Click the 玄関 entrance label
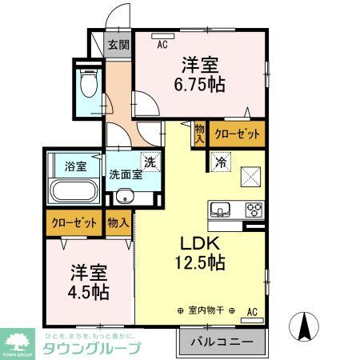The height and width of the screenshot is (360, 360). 118,45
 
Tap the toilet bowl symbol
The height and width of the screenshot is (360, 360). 89,82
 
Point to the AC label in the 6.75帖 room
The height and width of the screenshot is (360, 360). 162,45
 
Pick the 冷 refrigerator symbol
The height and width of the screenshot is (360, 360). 220,160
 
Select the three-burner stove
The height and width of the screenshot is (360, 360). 254,210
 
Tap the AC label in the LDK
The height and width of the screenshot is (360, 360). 252,311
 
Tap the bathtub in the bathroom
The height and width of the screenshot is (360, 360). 74,194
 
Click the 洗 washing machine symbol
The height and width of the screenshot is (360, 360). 147,160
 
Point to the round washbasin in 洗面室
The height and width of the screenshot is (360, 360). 124,198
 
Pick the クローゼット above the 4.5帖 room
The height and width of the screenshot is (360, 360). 74,223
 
